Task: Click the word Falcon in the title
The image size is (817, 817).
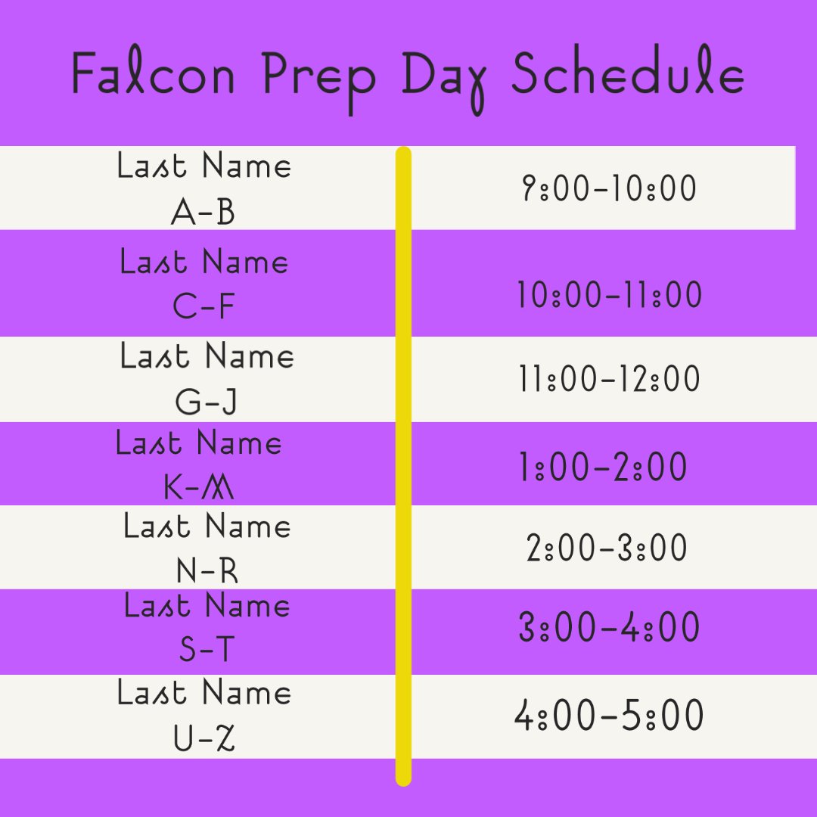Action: click(x=154, y=76)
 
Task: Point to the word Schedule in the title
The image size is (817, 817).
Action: click(x=627, y=76)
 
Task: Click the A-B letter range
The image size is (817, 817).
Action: click(x=203, y=213)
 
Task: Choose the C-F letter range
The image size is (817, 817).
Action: click(x=203, y=307)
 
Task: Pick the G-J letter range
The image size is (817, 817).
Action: click(x=206, y=402)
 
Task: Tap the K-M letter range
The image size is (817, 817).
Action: click(x=199, y=489)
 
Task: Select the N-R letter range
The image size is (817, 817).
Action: click(x=207, y=571)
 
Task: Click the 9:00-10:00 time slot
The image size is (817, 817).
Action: click(x=609, y=188)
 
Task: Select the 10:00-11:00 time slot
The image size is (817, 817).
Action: click(x=610, y=295)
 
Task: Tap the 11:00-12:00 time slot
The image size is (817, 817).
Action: click(x=610, y=378)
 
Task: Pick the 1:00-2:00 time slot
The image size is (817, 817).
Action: click(x=603, y=468)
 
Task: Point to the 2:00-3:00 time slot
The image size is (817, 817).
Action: click(x=607, y=548)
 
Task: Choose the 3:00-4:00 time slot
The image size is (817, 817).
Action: click(x=609, y=628)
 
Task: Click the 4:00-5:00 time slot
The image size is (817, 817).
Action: click(x=609, y=716)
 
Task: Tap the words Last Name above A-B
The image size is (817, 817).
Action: click(x=204, y=166)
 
